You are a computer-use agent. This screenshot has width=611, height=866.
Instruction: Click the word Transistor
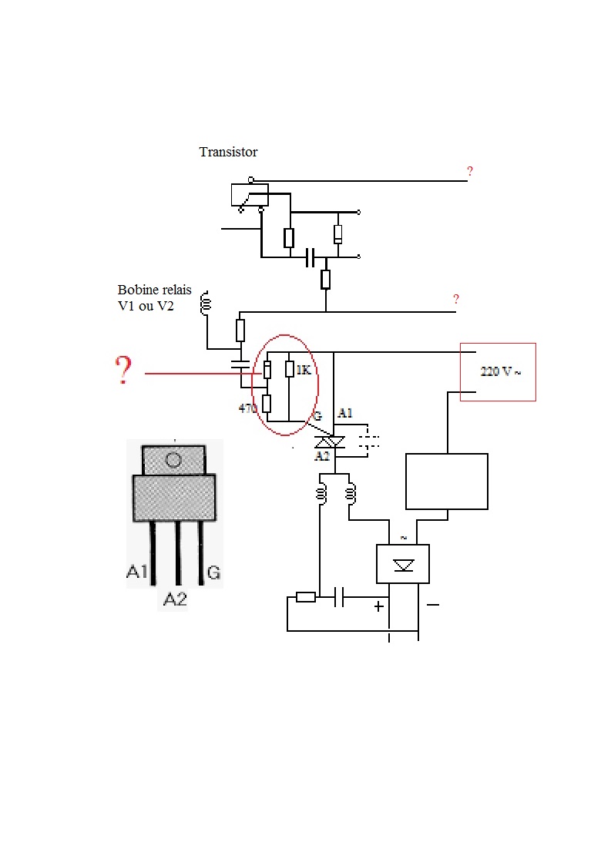[228, 152]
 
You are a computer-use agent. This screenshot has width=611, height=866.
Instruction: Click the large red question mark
[124, 370]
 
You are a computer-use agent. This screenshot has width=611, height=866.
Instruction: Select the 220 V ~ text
[501, 371]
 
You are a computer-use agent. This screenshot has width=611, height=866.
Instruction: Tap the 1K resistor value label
[304, 370]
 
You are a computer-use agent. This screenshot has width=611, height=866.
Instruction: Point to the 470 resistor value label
[247, 408]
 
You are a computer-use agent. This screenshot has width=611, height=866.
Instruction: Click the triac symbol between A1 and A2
[329, 441]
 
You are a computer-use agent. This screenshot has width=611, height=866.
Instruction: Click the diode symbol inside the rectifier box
[403, 565]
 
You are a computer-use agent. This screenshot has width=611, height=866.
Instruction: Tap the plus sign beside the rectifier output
[379, 606]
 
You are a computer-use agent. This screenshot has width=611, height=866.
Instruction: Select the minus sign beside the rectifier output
[433, 605]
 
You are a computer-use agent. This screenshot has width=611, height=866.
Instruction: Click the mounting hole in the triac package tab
[173, 459]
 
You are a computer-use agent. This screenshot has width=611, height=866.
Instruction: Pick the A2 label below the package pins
[175, 599]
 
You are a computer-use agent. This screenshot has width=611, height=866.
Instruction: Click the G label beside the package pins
[213, 572]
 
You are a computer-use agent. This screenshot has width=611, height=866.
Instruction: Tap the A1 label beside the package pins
[136, 571]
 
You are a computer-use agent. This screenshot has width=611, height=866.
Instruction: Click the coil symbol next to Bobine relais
[206, 304]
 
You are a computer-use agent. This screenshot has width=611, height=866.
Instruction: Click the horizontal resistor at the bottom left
[306, 597]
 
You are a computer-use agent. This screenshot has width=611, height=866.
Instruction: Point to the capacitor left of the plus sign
[339, 597]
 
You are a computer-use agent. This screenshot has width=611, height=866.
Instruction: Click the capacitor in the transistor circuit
[311, 257]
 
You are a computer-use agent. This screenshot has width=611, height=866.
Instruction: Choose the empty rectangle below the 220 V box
[447, 482]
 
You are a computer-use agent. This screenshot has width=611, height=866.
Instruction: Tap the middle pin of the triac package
[178, 552]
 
